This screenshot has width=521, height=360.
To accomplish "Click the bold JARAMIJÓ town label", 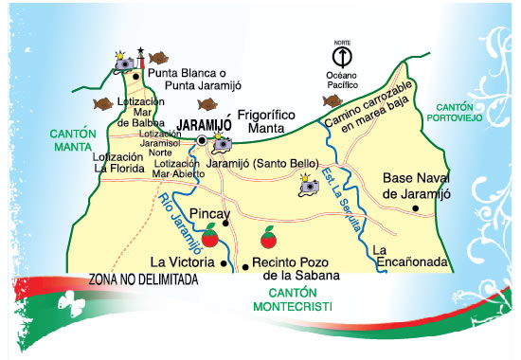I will (200, 124).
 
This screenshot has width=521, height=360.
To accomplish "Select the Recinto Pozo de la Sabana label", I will (295, 271).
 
